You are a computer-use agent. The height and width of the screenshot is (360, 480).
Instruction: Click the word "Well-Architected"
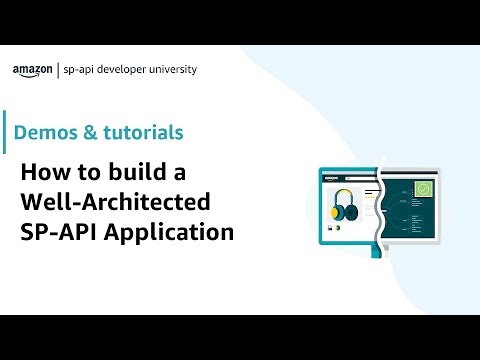116,202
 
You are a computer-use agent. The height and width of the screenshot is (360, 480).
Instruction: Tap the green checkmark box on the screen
424,188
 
